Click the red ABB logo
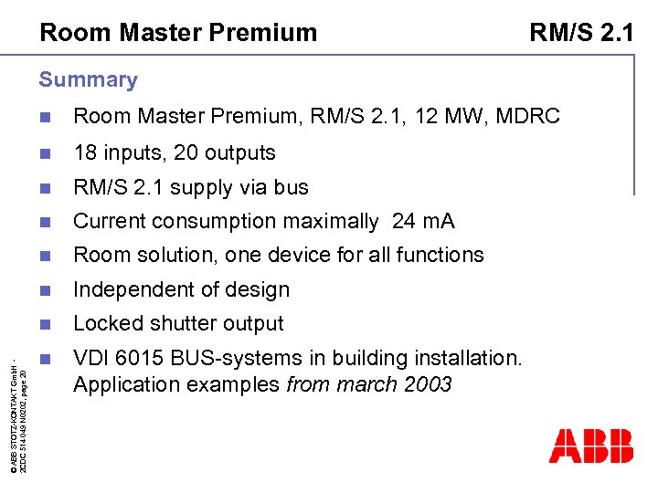click(x=590, y=446)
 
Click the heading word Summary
click(x=88, y=79)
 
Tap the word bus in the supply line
click(x=292, y=187)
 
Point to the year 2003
click(x=425, y=384)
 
